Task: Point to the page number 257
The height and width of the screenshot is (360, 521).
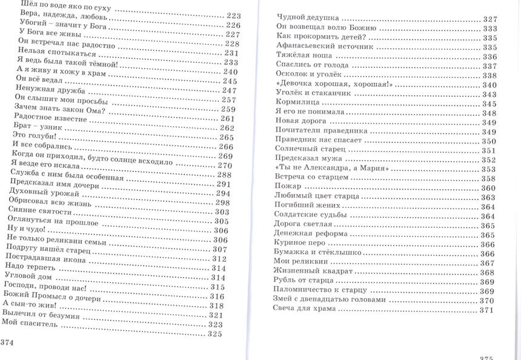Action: point(228,100)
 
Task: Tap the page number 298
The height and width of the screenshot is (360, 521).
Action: point(223,202)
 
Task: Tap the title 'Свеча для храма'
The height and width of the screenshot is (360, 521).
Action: point(305,310)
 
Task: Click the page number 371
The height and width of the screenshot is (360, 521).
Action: point(488,310)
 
